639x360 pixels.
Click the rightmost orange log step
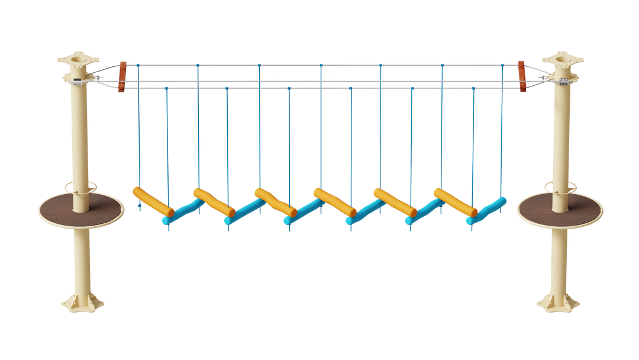point(454,202)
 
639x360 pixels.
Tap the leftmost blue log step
point(183,212)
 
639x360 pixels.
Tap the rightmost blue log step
point(486,211)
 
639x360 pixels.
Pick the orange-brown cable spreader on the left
point(122,76)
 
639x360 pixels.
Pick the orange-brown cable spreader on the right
point(522,76)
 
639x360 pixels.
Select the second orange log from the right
point(394,201)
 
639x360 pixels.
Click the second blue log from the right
point(425,212)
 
